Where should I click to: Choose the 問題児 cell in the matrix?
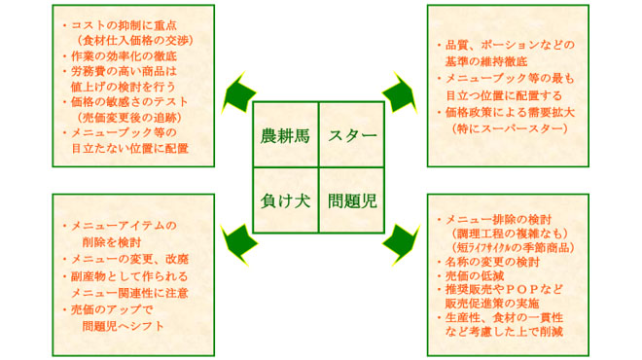tap(351, 200)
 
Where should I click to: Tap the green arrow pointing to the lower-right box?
tap(400, 237)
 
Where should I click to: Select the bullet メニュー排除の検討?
tap(497, 219)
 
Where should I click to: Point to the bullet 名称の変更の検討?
tap(491, 262)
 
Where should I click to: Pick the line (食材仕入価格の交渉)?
tap(131, 40)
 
